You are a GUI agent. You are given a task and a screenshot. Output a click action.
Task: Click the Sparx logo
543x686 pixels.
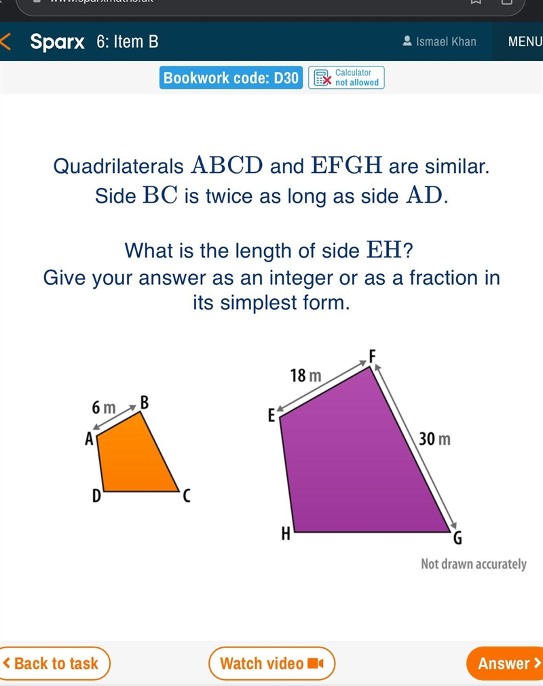point(58,42)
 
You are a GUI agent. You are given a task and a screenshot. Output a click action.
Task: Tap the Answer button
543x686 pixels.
point(505,663)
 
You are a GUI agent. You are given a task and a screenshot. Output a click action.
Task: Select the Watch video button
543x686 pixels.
point(271,663)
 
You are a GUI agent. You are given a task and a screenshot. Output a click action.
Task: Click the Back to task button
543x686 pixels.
point(54,663)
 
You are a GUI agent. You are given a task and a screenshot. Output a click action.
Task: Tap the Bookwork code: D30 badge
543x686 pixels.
point(231,78)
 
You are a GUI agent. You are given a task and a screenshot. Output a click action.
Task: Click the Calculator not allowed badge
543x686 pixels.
point(346,78)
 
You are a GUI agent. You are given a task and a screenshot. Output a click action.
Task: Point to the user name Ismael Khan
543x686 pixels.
point(440,41)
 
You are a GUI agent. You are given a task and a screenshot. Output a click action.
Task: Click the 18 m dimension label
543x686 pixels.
point(305,376)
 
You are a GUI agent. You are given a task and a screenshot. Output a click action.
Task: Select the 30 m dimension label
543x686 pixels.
point(434,439)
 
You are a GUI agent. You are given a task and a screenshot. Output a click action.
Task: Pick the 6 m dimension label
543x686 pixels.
point(103,408)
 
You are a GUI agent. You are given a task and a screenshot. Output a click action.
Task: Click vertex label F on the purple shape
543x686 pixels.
point(373,356)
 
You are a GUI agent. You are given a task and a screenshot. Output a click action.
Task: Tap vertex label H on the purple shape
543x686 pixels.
point(286,533)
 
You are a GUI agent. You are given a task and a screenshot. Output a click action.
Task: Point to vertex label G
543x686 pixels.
point(457,538)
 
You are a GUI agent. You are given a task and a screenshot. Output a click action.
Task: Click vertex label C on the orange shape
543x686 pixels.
point(187,496)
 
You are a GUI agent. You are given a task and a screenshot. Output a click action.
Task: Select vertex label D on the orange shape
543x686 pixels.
point(96,496)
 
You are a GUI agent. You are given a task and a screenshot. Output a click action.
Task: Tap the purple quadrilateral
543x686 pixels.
point(359,460)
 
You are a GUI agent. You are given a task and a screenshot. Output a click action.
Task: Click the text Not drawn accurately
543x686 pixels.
point(473,565)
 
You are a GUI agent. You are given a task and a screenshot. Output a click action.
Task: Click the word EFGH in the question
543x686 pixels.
point(346,165)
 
